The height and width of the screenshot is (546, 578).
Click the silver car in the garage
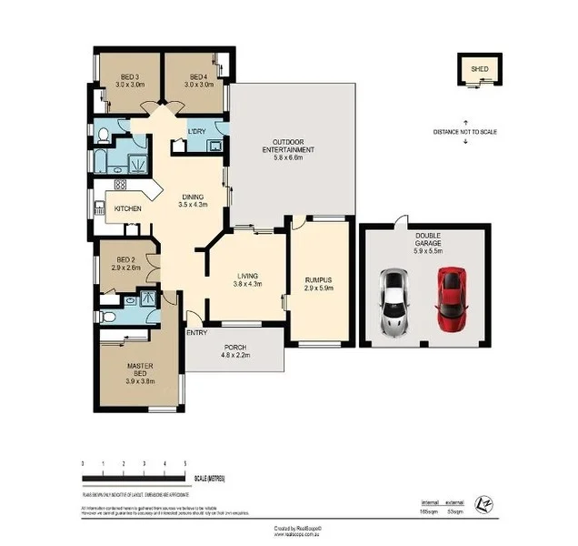tap(394, 300)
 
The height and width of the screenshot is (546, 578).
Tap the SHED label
tap(476, 68)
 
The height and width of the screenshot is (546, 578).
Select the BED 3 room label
tap(129, 76)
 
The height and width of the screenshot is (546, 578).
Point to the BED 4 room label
tap(199, 76)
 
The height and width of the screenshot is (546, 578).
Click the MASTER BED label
tap(140, 369)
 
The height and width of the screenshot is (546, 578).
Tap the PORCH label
tap(236, 347)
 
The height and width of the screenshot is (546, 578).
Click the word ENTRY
tap(196, 333)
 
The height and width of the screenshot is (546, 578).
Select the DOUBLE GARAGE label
tap(427, 234)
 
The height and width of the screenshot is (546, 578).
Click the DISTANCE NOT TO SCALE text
tap(465, 133)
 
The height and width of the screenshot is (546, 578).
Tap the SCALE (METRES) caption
tap(209, 478)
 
